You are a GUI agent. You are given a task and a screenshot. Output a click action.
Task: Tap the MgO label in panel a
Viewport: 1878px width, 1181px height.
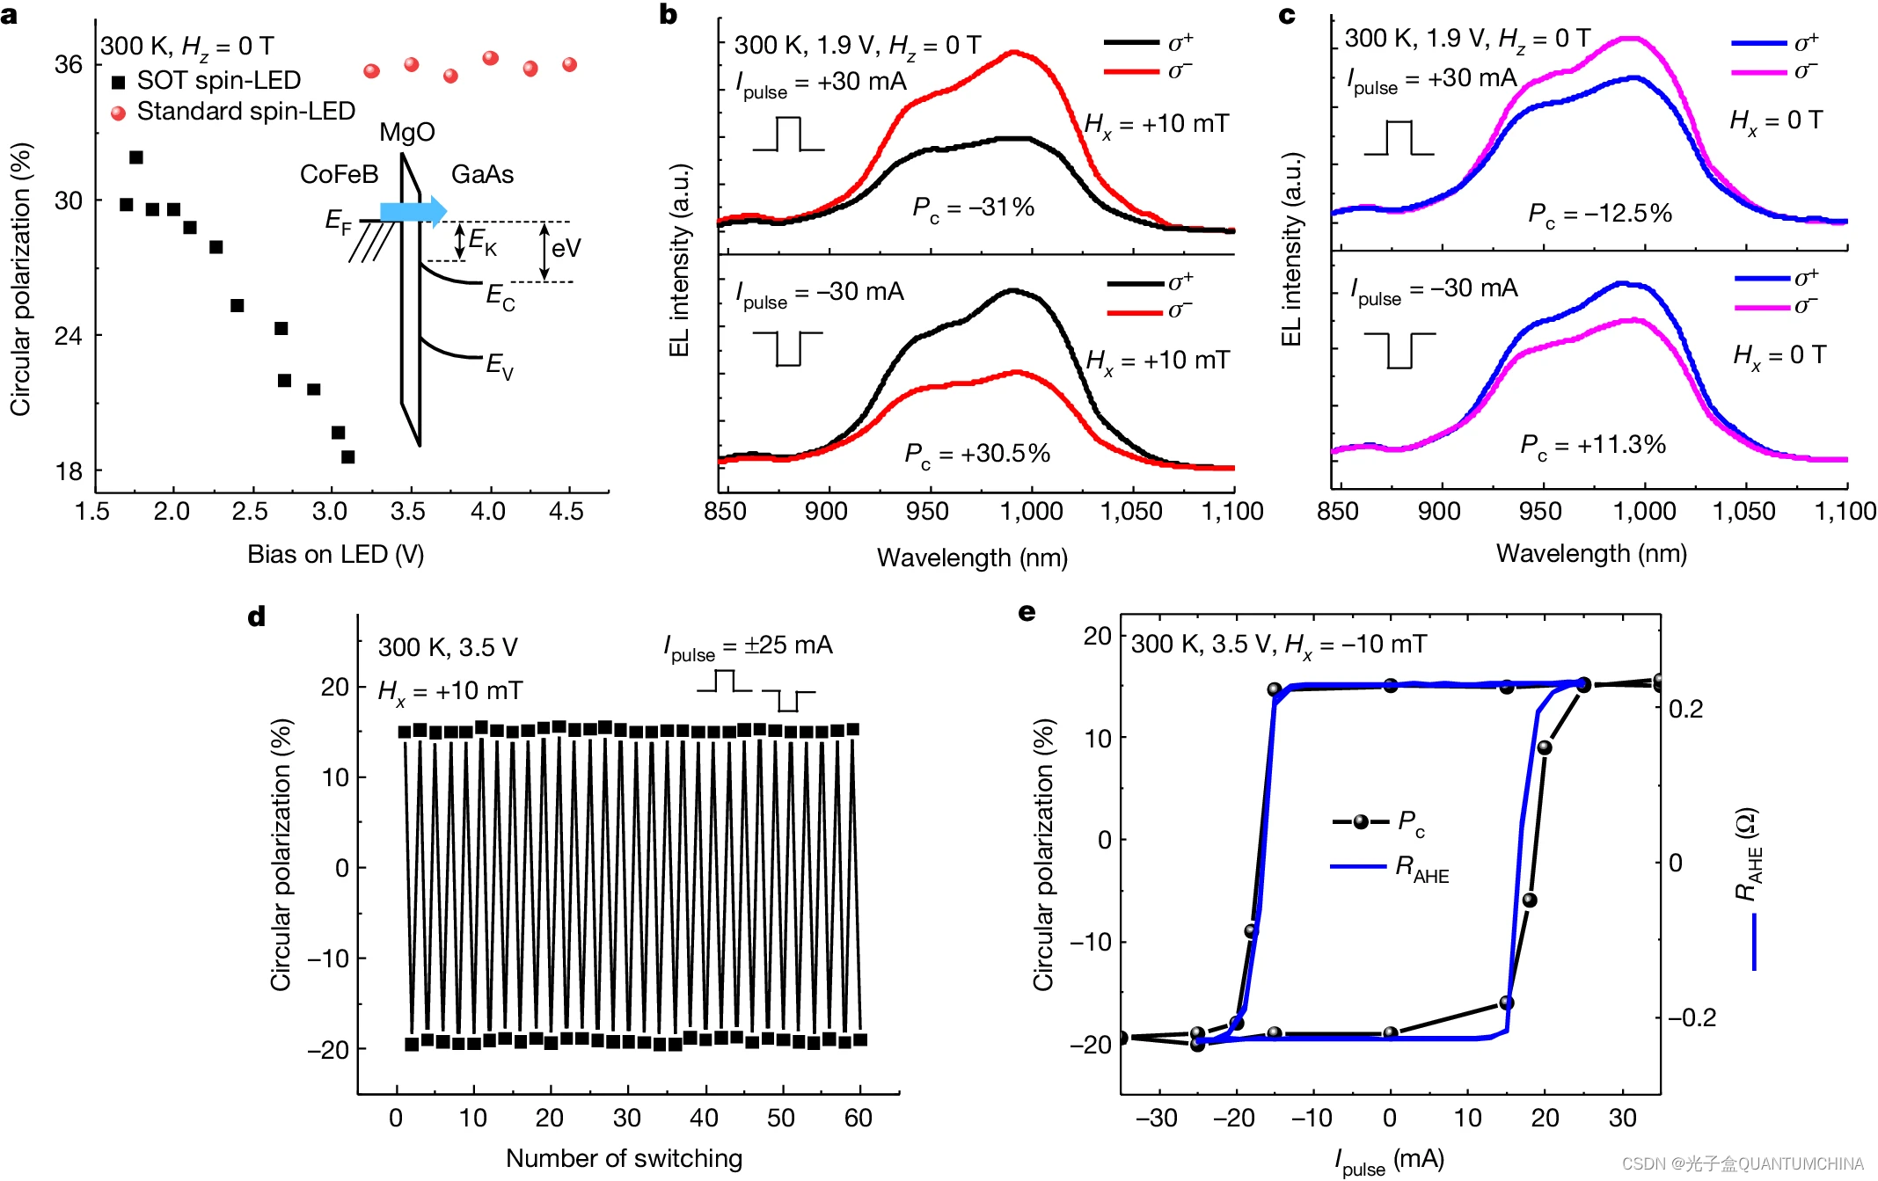pos(406,133)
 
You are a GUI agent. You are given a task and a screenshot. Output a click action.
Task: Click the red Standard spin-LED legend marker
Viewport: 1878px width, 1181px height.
pos(118,113)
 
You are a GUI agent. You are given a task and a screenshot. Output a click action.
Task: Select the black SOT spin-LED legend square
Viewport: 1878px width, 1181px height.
pos(118,83)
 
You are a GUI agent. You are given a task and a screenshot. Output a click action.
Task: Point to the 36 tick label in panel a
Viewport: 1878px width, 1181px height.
pos(69,65)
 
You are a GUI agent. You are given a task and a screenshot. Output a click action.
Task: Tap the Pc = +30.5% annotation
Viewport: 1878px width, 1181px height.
pos(977,455)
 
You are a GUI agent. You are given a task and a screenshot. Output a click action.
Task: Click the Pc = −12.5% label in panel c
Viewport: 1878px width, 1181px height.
pos(1599,215)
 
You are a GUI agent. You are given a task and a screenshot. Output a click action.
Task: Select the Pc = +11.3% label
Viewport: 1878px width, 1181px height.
pos(1593,446)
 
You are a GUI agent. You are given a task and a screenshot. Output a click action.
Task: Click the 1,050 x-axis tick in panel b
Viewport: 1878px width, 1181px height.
pos(1132,512)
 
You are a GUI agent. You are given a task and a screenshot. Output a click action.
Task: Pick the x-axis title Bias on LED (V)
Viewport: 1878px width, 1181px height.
pos(335,555)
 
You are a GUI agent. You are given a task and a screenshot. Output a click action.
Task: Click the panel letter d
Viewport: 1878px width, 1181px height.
pos(257,617)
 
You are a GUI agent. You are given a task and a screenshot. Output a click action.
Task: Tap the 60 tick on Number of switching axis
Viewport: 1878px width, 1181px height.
pos(858,1119)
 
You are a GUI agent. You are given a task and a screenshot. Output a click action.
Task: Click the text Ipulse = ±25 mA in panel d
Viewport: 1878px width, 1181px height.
pos(748,647)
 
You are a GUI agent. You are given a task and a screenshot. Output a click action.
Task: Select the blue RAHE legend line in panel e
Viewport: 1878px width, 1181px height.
pos(1358,867)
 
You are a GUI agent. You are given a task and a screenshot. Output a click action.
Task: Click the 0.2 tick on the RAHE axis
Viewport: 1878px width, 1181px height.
pos(1685,710)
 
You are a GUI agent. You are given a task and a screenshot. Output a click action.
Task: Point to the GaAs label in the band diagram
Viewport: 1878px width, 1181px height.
pos(482,175)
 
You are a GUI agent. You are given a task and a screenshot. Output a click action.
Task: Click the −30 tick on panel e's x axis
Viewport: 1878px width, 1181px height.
pos(1156,1119)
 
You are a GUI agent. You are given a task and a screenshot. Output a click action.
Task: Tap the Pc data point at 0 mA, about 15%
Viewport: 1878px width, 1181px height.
pos(1391,685)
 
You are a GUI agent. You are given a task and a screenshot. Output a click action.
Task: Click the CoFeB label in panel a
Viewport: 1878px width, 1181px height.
pos(339,175)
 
